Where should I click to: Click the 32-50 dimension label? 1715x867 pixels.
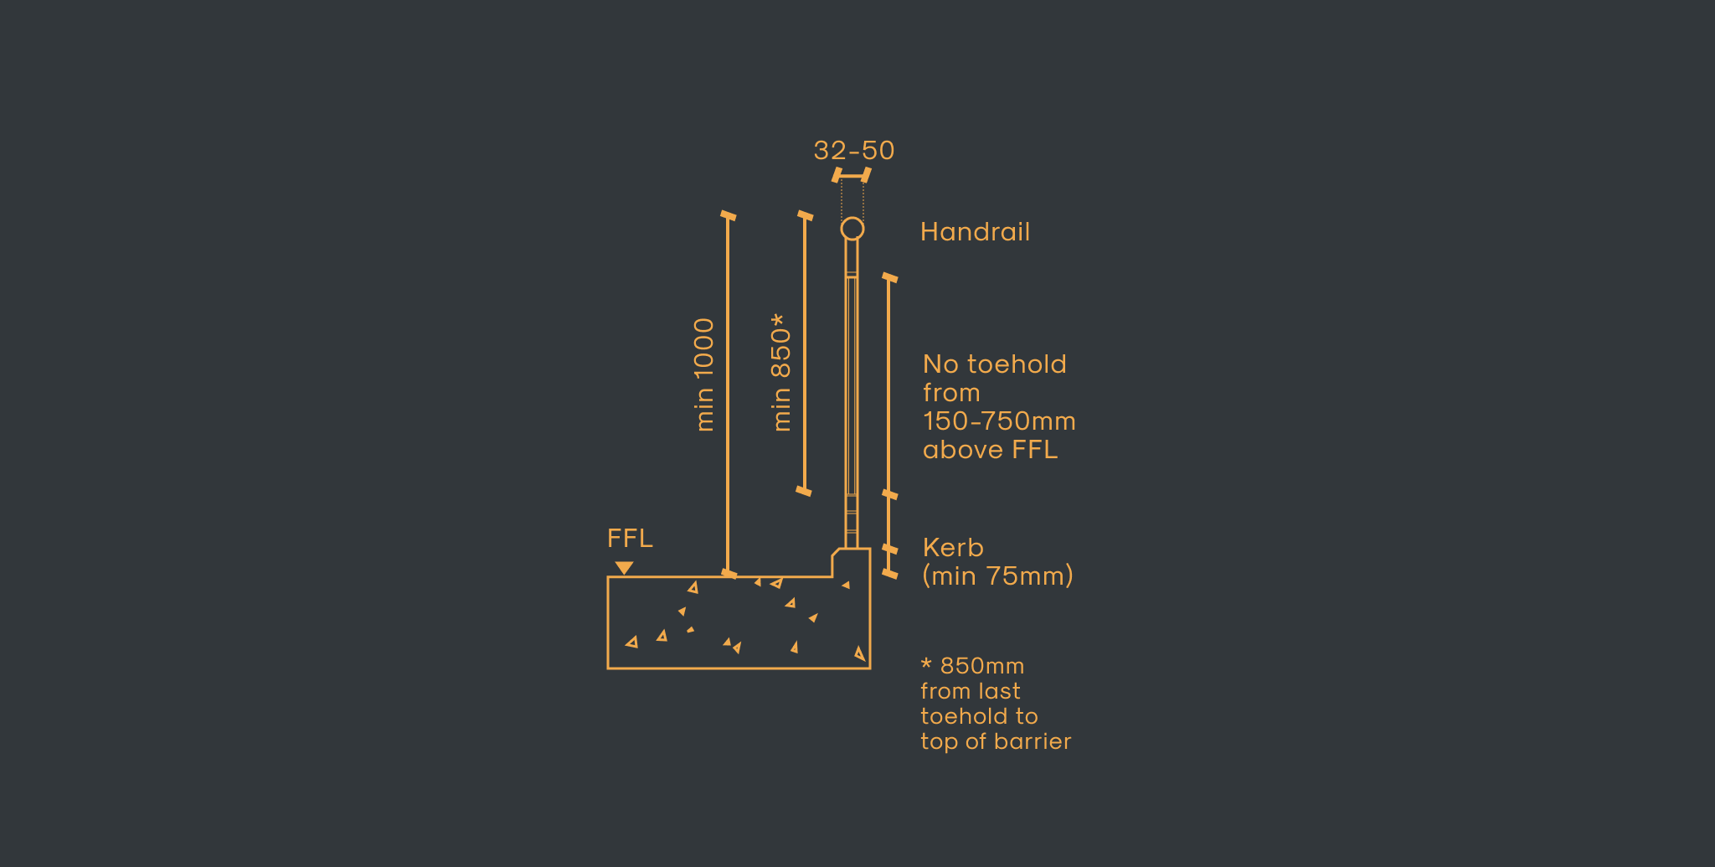[x=854, y=151]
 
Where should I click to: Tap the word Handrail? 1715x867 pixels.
[x=975, y=232]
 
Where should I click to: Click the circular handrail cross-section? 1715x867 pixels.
[x=852, y=229]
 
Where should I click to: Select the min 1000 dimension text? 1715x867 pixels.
[x=705, y=374]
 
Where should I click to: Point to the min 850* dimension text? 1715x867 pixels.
[x=780, y=373]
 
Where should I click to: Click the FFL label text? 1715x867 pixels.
[x=630, y=539]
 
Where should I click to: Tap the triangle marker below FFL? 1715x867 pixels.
[x=624, y=568]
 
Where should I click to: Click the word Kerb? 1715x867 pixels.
[x=953, y=548]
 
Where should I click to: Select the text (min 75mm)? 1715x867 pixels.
[x=997, y=576]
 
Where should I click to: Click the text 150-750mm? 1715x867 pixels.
[x=999, y=421]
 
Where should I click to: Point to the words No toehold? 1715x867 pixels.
[x=995, y=364]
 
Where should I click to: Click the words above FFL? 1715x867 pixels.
[x=990, y=450]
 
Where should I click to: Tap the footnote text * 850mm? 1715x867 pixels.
[x=972, y=666]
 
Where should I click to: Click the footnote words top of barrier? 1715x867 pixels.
[x=996, y=741]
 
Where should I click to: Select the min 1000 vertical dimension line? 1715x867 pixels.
[x=728, y=395]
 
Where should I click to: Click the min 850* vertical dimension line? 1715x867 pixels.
[x=805, y=354]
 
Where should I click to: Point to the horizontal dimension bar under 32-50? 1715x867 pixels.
[x=852, y=175]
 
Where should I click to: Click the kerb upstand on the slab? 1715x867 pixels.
[x=851, y=562]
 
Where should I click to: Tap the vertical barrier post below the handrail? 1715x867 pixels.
[x=852, y=394]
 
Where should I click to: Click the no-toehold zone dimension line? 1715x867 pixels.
[x=889, y=386]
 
